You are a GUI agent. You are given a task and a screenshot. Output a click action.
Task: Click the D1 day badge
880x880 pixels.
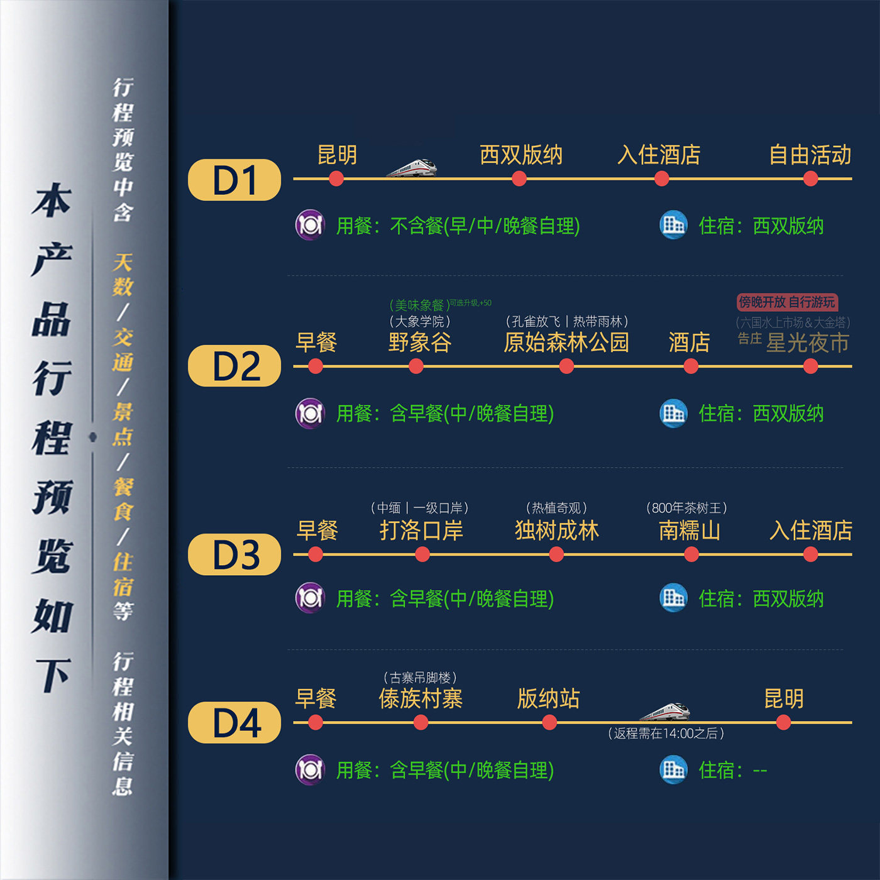[x=234, y=180]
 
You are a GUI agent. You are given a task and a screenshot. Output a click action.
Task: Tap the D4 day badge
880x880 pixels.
[x=234, y=723]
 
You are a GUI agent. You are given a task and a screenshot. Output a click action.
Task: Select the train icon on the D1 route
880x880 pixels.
[x=412, y=168]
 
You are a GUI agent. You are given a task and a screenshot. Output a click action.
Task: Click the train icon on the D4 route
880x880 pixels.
[x=665, y=712]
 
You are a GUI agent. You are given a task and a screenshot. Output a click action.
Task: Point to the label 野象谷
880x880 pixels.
[x=420, y=343]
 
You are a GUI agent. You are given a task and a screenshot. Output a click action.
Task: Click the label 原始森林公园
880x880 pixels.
[x=566, y=343]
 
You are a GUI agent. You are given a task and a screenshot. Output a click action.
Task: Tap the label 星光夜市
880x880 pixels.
[x=808, y=343]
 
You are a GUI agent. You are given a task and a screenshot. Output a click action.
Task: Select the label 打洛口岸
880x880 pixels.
[x=421, y=531]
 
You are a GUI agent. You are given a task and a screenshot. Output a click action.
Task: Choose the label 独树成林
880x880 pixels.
[x=557, y=531]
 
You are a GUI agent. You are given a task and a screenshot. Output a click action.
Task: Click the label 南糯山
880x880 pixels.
[x=690, y=531]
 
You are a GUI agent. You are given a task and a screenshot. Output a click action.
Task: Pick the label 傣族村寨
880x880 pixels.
[x=421, y=699]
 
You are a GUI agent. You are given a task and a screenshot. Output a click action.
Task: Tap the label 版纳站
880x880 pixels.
[x=548, y=699]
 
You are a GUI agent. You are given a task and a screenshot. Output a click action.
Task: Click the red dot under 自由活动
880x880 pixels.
[x=811, y=179]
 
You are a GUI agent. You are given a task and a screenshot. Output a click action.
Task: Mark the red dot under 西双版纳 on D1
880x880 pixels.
[x=519, y=179]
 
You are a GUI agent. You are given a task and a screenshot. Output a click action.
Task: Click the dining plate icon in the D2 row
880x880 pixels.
[x=310, y=414]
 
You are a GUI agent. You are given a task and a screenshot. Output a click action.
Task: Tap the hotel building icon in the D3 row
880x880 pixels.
[x=673, y=598]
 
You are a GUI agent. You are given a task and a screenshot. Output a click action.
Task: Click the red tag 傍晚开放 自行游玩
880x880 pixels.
[x=787, y=302]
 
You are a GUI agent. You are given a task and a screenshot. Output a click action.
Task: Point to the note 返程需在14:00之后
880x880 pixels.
[x=666, y=734]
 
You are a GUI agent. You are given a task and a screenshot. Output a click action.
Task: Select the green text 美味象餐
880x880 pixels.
[x=419, y=305]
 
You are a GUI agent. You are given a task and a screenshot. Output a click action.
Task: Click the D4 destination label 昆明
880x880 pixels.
[x=784, y=699]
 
